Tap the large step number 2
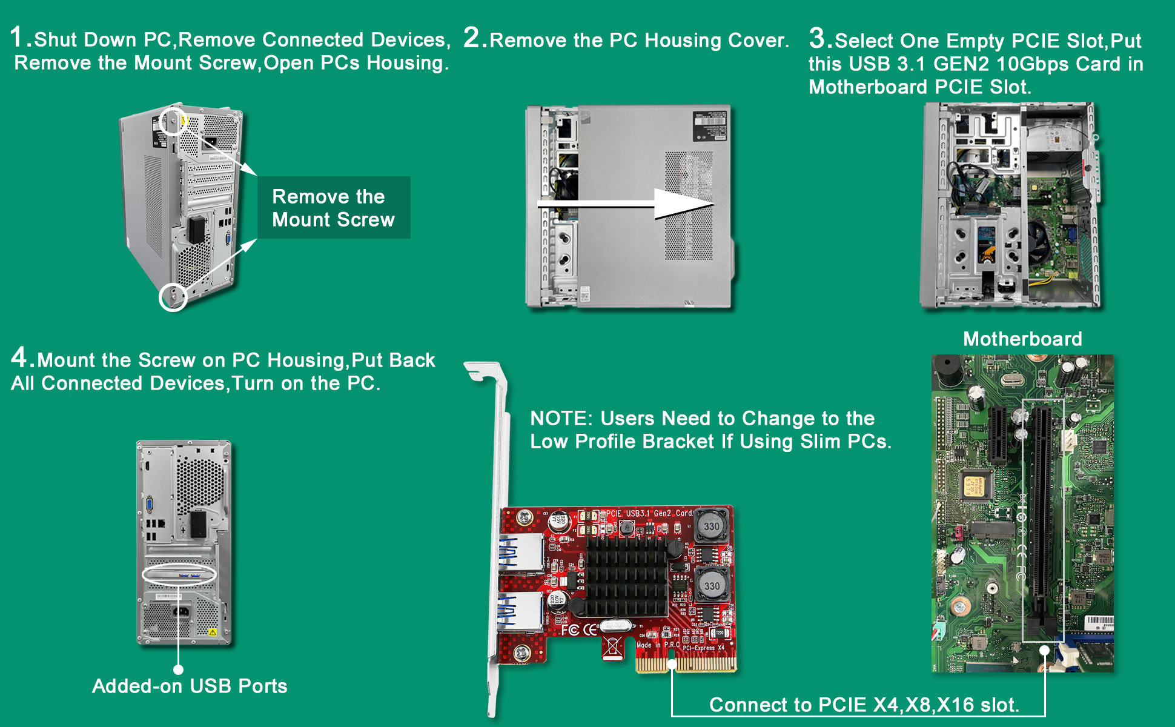click(472, 38)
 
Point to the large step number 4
click(19, 357)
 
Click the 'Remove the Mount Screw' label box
click(334, 208)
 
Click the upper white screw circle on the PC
click(173, 121)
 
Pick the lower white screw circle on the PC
click(173, 297)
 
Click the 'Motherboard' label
click(1022, 339)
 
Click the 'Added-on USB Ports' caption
click(190, 686)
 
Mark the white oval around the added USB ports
click(179, 574)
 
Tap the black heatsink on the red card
click(626, 576)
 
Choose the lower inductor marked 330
click(711, 585)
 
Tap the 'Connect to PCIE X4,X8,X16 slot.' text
click(864, 705)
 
